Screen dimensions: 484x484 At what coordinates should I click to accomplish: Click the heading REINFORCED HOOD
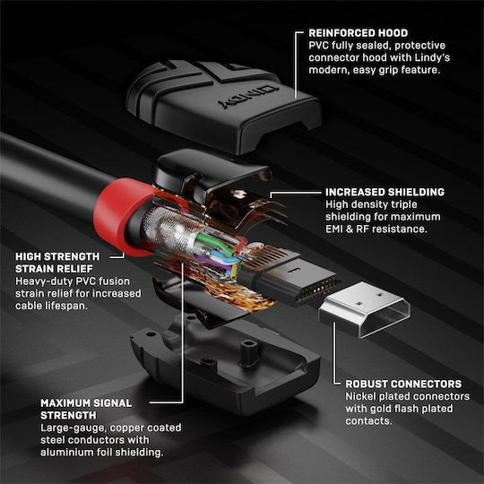pyautogui.click(x=358, y=33)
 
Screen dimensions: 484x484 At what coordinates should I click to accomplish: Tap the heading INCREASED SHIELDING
pyautogui.click(x=385, y=192)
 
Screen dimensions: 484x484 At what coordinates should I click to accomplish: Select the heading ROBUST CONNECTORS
pyautogui.click(x=403, y=384)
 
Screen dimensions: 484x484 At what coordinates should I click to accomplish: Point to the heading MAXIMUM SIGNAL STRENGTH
pyautogui.click(x=86, y=410)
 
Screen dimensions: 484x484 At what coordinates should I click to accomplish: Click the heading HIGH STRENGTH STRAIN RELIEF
pyautogui.click(x=57, y=263)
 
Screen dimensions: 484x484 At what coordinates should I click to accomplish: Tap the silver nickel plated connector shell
pyautogui.click(x=364, y=309)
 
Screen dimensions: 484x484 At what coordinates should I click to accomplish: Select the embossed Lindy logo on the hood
pyautogui.click(x=248, y=96)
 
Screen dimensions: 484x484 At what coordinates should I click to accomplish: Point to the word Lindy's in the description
pyautogui.click(x=432, y=57)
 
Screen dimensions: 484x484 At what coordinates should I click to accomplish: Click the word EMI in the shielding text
pyautogui.click(x=334, y=229)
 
